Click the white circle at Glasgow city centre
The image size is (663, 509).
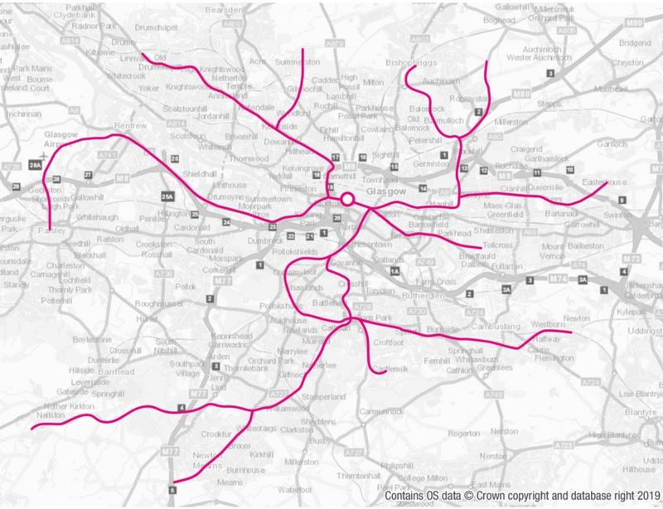click(347, 200)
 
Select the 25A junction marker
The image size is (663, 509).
click(168, 196)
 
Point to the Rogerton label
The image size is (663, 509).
click(462, 433)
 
